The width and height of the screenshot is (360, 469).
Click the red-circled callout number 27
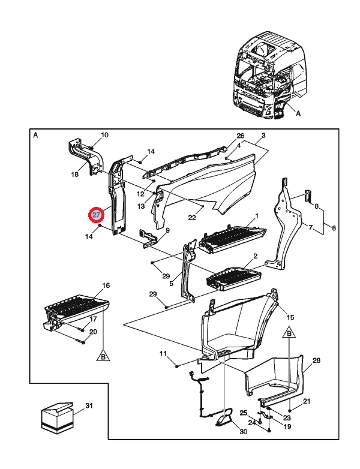click(96, 215)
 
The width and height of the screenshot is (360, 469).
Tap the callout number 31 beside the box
click(89, 407)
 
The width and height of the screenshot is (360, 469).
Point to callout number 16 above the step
click(106, 285)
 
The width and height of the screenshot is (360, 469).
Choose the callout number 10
click(104, 135)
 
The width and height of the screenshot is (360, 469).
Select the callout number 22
click(192, 218)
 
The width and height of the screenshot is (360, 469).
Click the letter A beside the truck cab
click(298, 112)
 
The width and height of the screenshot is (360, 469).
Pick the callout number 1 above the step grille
click(256, 215)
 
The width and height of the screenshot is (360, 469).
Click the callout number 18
click(75, 175)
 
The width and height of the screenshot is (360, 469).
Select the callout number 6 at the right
click(334, 229)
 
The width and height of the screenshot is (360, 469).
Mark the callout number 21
click(306, 401)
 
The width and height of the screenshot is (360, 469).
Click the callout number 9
click(167, 230)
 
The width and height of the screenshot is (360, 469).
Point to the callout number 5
click(171, 284)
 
